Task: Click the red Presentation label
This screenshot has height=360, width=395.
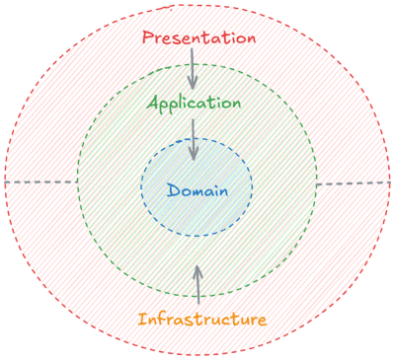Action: click(198, 37)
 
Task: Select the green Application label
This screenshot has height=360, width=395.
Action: click(194, 104)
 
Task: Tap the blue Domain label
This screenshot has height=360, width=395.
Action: click(197, 189)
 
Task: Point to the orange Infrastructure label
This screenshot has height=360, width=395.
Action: click(201, 320)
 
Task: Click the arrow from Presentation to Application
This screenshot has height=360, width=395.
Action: click(193, 69)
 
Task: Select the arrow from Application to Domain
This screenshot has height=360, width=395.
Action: click(194, 138)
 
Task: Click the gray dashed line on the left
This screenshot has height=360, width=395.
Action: click(39, 182)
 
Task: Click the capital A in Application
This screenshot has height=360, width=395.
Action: click(153, 103)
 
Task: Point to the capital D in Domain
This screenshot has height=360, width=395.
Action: click(173, 189)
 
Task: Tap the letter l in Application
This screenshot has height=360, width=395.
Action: click(182, 103)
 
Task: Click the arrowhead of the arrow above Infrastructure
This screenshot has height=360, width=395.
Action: click(197, 269)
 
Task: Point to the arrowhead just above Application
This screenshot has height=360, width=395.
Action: click(193, 86)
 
